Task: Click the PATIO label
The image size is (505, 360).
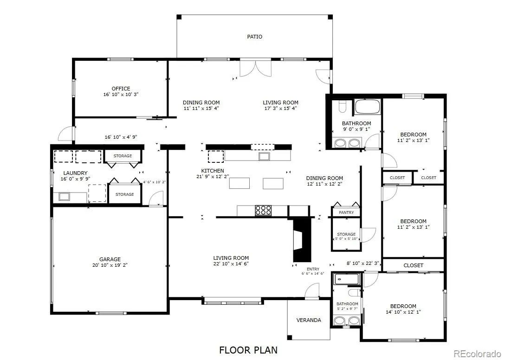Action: [254, 37]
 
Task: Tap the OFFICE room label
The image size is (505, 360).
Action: [121, 89]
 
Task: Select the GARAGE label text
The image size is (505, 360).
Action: [110, 259]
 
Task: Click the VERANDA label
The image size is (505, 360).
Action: [309, 320]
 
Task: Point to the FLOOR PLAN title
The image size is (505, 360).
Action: [248, 350]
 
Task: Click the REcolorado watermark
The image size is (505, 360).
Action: [477, 354]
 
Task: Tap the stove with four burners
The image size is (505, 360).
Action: [263, 210]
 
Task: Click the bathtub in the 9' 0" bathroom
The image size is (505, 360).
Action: [367, 107]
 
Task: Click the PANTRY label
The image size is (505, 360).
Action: [346, 212]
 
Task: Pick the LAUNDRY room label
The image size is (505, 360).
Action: [75, 173]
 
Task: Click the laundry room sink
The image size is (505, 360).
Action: [65, 197]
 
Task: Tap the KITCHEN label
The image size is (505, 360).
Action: [213, 171]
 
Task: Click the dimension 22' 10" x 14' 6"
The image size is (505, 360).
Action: [231, 264]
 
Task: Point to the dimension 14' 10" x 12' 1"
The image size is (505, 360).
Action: [403, 312]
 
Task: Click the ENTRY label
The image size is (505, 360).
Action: [313, 269]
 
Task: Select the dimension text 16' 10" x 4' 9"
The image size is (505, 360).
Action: [121, 137]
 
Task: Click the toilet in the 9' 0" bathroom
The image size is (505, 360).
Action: [343, 106]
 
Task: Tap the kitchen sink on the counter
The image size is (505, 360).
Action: [265, 156]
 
